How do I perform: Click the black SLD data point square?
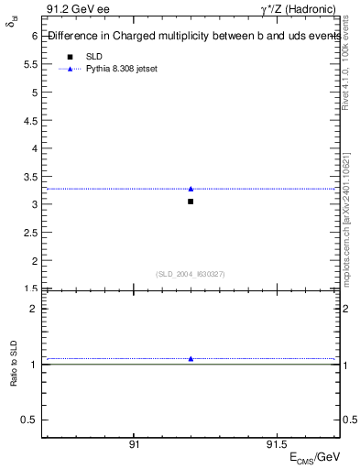(x=191, y=202)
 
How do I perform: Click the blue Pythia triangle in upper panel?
(x=191, y=189)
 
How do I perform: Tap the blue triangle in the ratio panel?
(x=191, y=358)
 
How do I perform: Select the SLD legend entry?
(x=93, y=57)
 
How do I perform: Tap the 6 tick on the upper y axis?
(x=34, y=36)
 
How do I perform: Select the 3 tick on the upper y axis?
(x=34, y=204)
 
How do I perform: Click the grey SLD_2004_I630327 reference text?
(x=191, y=274)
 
